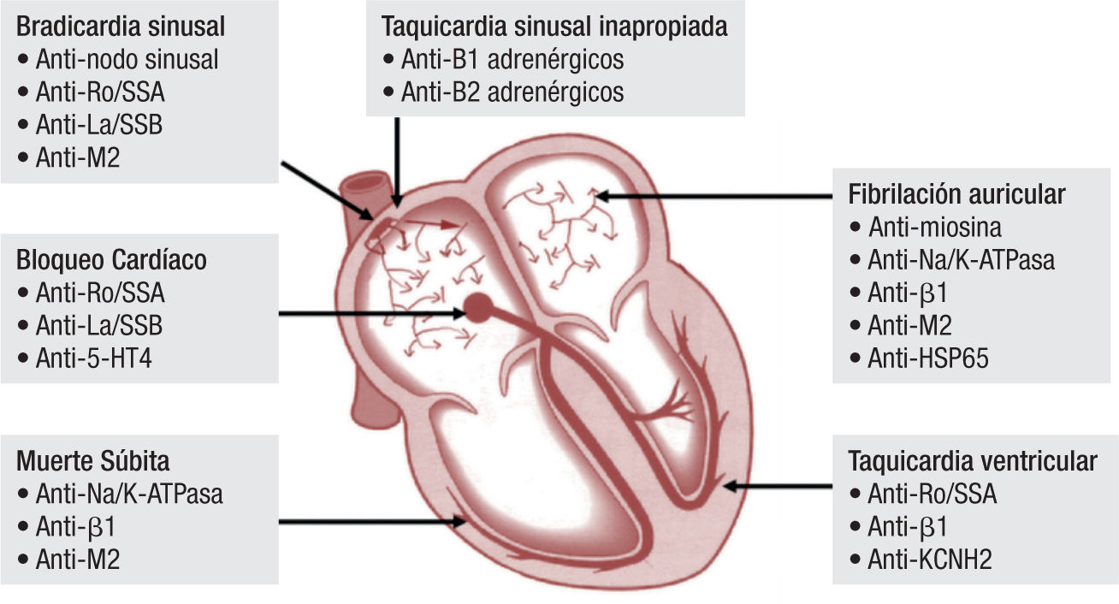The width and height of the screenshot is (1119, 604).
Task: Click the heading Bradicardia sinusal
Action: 121,27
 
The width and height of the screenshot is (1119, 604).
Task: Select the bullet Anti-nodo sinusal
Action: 127,60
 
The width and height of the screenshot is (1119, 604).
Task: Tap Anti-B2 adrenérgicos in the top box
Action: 512,91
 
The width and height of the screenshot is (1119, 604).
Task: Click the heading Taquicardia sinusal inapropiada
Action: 554,27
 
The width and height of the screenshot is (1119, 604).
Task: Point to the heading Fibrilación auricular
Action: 956,194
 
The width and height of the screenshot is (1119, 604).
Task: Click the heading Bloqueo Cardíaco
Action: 112,260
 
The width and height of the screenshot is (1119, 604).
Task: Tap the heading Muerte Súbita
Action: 93,461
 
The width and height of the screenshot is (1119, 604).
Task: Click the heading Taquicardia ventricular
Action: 972,461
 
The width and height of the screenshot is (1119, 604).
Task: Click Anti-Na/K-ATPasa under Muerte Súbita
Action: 129,494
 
